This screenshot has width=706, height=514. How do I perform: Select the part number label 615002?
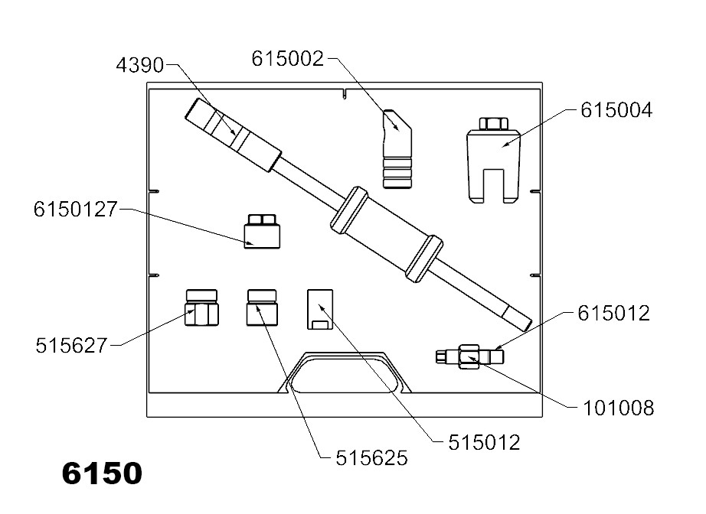tap(289, 59)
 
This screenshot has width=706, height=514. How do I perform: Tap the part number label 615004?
tap(616, 111)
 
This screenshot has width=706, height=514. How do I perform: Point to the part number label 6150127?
tap(74, 209)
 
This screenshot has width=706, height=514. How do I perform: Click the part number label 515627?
tap(72, 346)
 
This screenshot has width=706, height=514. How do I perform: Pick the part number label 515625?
tap(371, 458)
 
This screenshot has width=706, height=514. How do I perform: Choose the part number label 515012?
tap(484, 442)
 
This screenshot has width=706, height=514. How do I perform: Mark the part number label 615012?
tap(613, 314)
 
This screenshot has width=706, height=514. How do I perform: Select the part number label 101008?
tap(617, 408)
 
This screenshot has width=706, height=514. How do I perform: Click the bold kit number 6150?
tap(102, 473)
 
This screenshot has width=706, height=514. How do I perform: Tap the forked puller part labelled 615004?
tap(493, 164)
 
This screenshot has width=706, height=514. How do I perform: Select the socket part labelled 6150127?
tap(262, 232)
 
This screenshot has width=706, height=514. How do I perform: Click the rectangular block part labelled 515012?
tap(320, 309)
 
